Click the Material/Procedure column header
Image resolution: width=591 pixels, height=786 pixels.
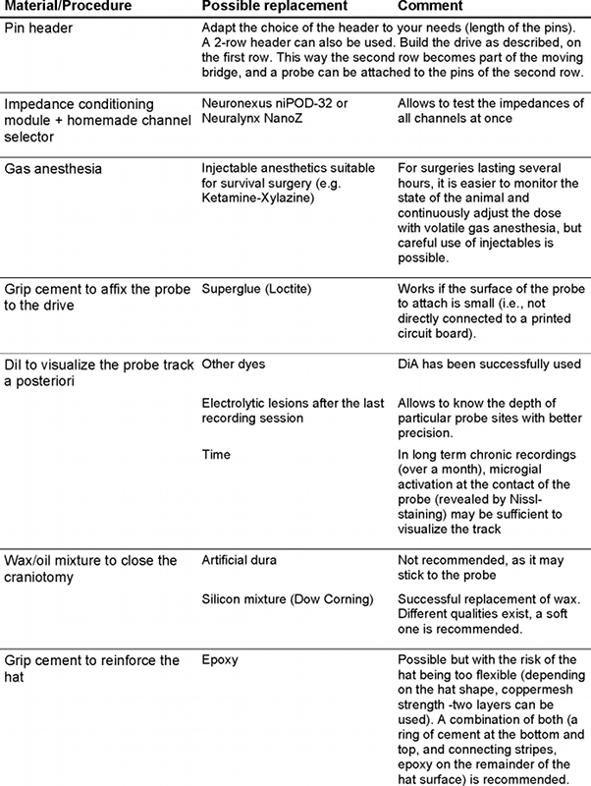(67, 8)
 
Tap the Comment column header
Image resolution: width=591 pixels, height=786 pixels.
(430, 8)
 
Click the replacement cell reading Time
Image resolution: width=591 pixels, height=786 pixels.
(216, 455)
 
